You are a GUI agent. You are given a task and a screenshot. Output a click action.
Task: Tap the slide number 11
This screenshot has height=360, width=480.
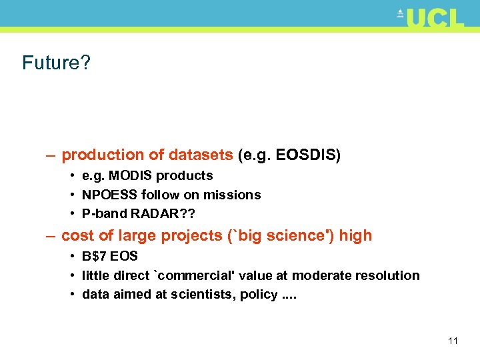[453, 341]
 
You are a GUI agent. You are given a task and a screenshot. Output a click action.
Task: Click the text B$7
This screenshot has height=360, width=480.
[95, 256]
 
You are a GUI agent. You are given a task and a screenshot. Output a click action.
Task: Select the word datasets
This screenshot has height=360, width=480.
[201, 155]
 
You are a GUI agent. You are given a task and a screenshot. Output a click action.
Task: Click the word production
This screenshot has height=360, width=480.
[103, 155]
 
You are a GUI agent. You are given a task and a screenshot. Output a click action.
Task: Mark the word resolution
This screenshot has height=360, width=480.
[387, 275]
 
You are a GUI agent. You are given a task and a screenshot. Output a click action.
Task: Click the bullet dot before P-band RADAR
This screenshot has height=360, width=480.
[71, 214]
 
